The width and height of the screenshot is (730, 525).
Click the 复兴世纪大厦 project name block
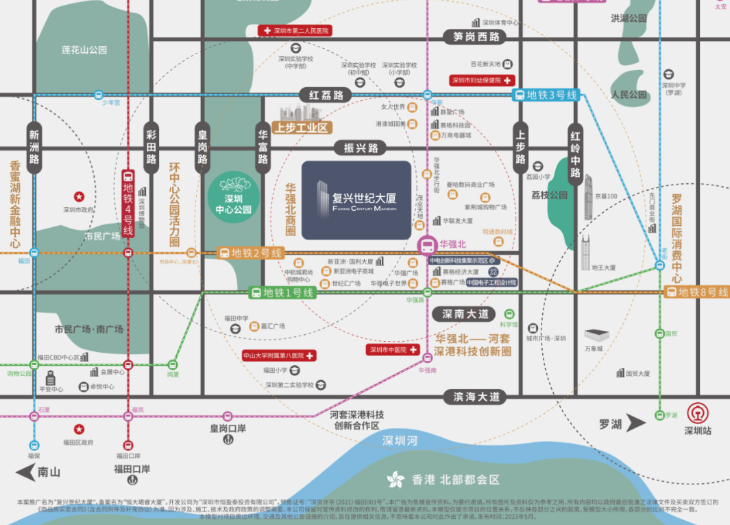click(356, 200)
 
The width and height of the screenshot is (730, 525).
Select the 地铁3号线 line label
click(546, 95)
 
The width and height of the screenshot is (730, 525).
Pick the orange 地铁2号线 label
click(251, 253)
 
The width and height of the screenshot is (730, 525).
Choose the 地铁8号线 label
click(696, 292)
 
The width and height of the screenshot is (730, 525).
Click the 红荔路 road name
click(327, 95)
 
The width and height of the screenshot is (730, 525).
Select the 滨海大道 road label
click(474, 397)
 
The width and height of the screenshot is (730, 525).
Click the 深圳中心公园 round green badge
click(234, 195)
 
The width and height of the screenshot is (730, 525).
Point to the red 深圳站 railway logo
click(698, 413)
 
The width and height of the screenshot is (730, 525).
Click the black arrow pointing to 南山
click(26, 471)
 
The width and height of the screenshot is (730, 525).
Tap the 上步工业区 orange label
click(302, 127)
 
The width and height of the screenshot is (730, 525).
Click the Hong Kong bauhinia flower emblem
click(396, 479)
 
